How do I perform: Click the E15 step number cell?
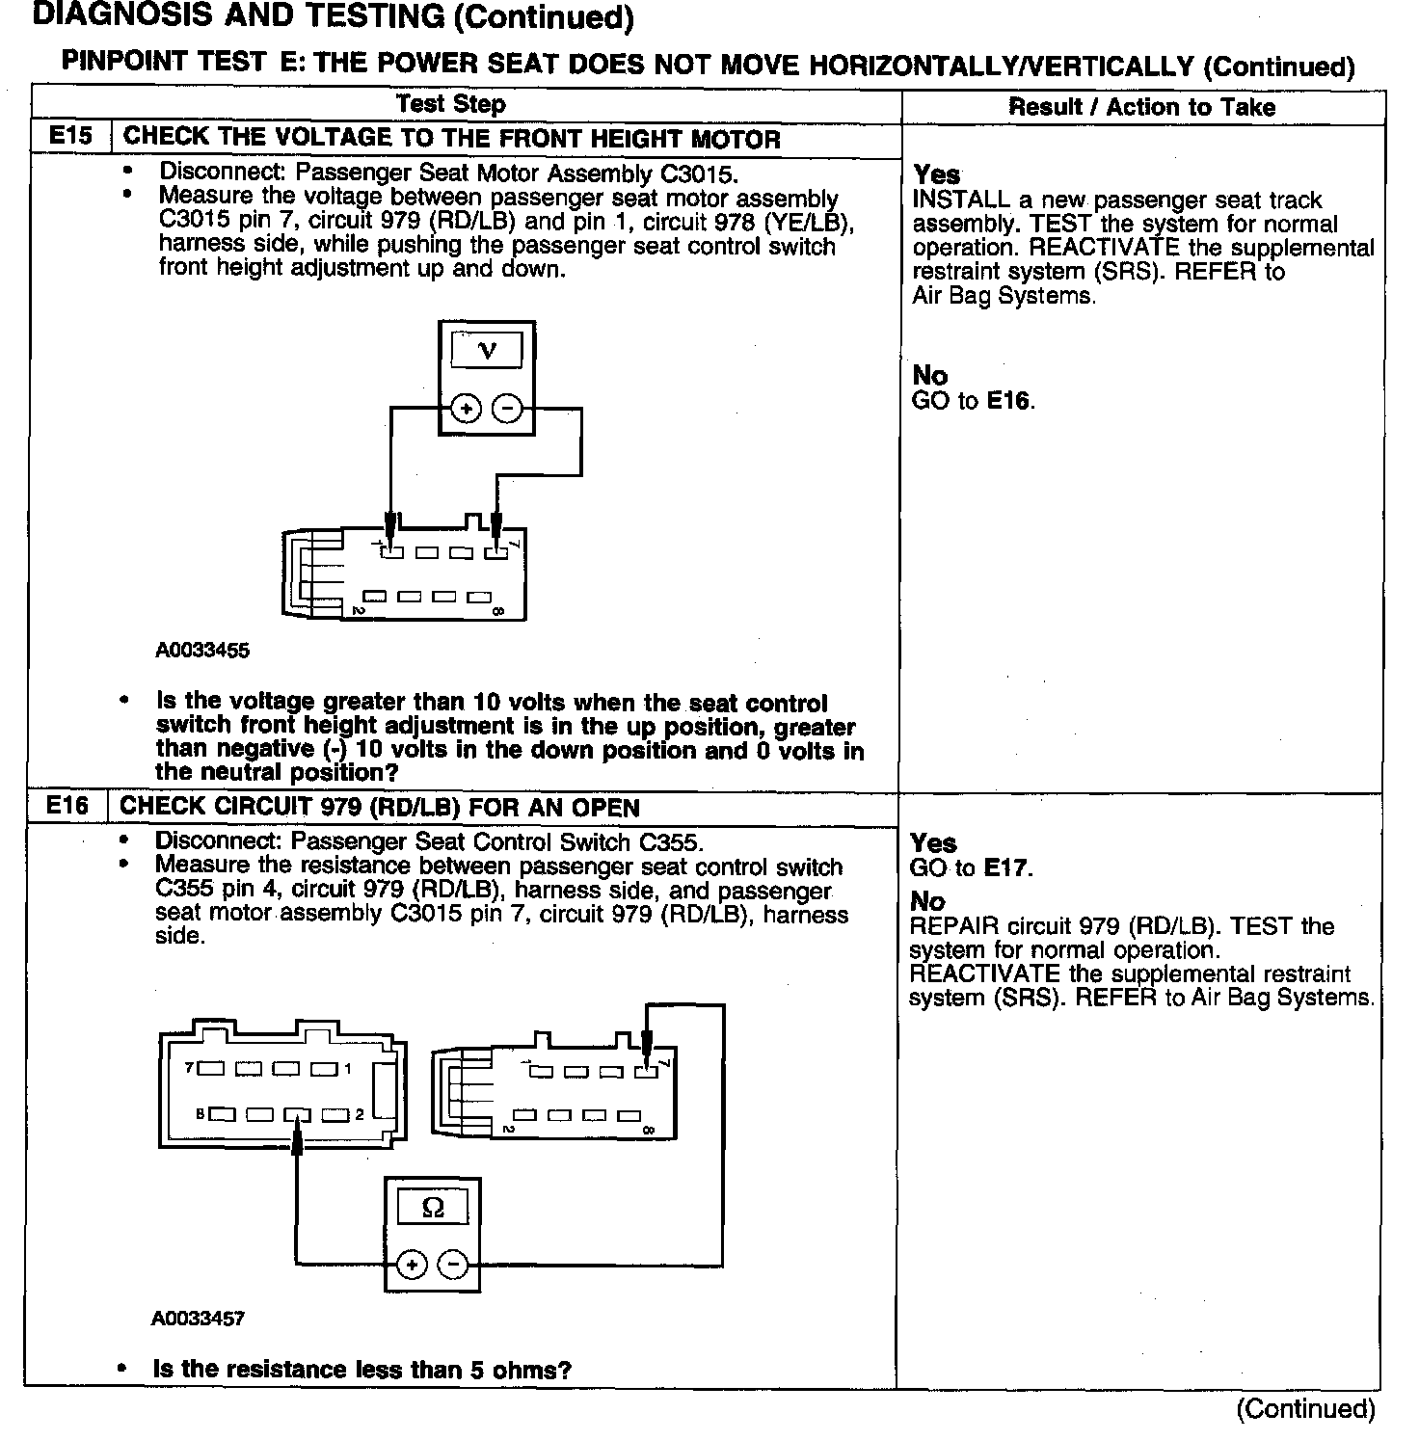70,137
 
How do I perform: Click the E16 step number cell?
67,806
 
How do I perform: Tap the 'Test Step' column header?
450,104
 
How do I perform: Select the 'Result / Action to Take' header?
1141,107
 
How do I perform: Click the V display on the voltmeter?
487,350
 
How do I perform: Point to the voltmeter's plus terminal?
467,410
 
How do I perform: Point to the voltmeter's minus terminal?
507,410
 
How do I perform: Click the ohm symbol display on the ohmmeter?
433,1208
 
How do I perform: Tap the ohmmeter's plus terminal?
412,1264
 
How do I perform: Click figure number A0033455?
202,651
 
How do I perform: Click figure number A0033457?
199,1319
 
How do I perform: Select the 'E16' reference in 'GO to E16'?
1008,401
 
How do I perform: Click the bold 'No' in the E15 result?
929,375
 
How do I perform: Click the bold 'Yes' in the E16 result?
933,843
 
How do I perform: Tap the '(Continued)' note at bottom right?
1305,1409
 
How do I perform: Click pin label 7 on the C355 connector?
189,1068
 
